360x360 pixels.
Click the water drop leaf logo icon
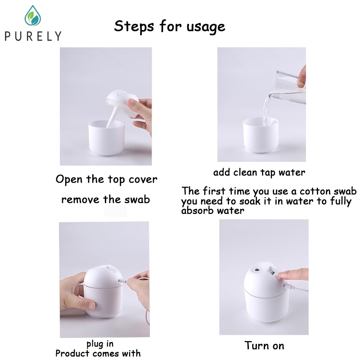coord(33,16)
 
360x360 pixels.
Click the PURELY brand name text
coord(33,36)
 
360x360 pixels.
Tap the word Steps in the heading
coord(134,27)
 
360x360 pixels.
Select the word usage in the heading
coord(206,27)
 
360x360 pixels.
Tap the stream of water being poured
coord(267,110)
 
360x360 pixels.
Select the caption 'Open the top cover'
coord(106,179)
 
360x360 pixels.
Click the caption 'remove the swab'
coord(106,199)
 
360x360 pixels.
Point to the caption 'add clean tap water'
coord(259,173)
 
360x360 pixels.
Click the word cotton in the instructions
coord(315,191)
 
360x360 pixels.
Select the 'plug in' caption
coord(100,344)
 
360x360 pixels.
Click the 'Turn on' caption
coord(264,346)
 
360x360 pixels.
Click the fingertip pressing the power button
coord(281,274)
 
